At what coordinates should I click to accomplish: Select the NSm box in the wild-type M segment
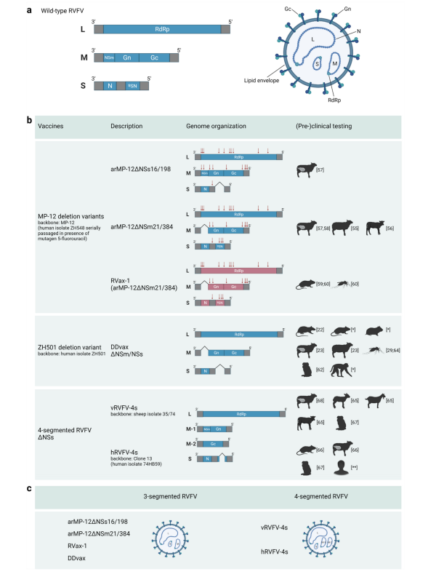(x=109, y=57)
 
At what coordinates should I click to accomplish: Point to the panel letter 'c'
(x=31, y=489)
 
